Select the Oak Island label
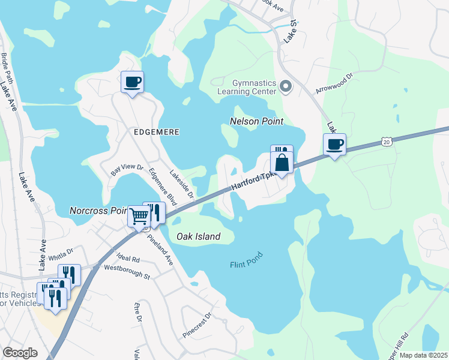click(198, 236)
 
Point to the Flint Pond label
click(246, 265)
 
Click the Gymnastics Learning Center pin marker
click(286, 87)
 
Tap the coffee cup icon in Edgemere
click(132, 82)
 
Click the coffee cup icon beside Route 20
click(334, 144)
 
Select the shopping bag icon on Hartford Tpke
click(282, 162)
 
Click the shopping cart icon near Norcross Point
click(139, 216)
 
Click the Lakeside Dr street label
click(181, 184)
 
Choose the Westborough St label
click(126, 272)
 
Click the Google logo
click(20, 353)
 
